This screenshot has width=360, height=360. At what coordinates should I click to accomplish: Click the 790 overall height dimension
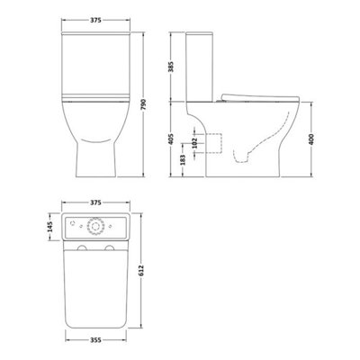[x=157, y=103]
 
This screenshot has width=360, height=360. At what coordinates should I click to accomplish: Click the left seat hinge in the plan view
[x=80, y=245]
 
